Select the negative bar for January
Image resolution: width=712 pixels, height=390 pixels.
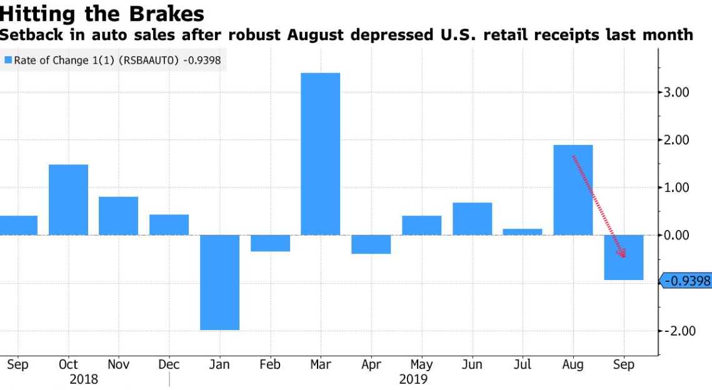tap(219, 282)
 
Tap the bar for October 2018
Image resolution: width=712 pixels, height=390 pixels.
tap(68, 199)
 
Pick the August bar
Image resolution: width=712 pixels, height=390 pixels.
tap(573, 190)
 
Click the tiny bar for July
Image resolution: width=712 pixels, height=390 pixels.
tap(523, 232)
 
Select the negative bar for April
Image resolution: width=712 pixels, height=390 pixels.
tap(371, 244)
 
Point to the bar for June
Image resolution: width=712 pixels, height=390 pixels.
tap(472, 219)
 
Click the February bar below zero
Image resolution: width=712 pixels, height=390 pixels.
tap(270, 243)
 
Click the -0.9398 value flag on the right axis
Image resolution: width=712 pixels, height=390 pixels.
tap(686, 281)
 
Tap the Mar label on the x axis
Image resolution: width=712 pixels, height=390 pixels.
tap(320, 365)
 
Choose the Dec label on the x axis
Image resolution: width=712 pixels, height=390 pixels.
tap(169, 365)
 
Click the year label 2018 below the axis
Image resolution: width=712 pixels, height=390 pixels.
tap(84, 379)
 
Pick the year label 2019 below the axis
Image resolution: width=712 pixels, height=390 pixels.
tap(413, 379)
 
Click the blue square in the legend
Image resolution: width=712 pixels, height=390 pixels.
tap(8, 61)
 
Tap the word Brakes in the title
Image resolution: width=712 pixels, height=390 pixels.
tap(168, 13)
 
